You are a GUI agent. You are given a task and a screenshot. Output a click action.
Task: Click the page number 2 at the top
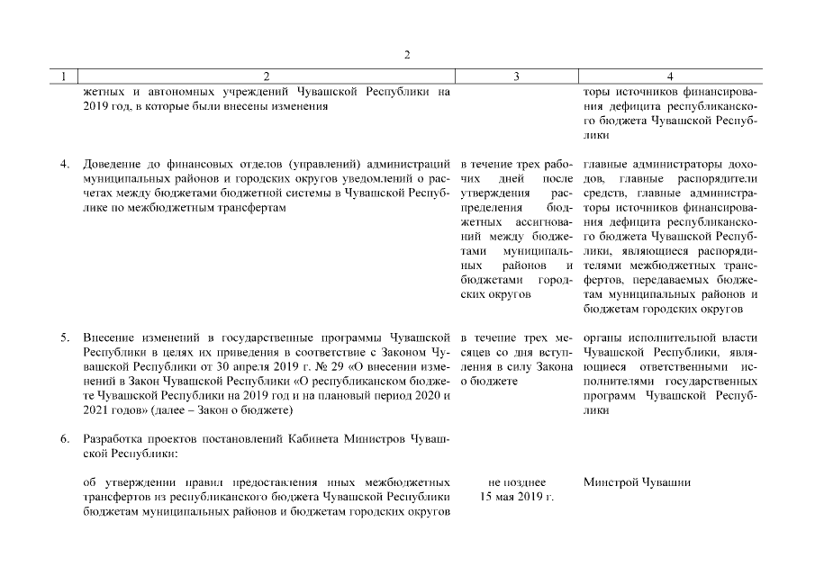[x=407, y=54]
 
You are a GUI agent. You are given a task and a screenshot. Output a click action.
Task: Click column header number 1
[x=62, y=77]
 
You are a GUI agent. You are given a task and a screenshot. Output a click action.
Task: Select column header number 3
[x=515, y=77]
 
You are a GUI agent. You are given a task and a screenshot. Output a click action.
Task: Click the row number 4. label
[x=65, y=165]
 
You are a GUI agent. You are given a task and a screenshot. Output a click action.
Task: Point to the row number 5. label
[x=65, y=338]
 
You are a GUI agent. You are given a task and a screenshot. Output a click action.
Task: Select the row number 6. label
[x=65, y=439]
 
